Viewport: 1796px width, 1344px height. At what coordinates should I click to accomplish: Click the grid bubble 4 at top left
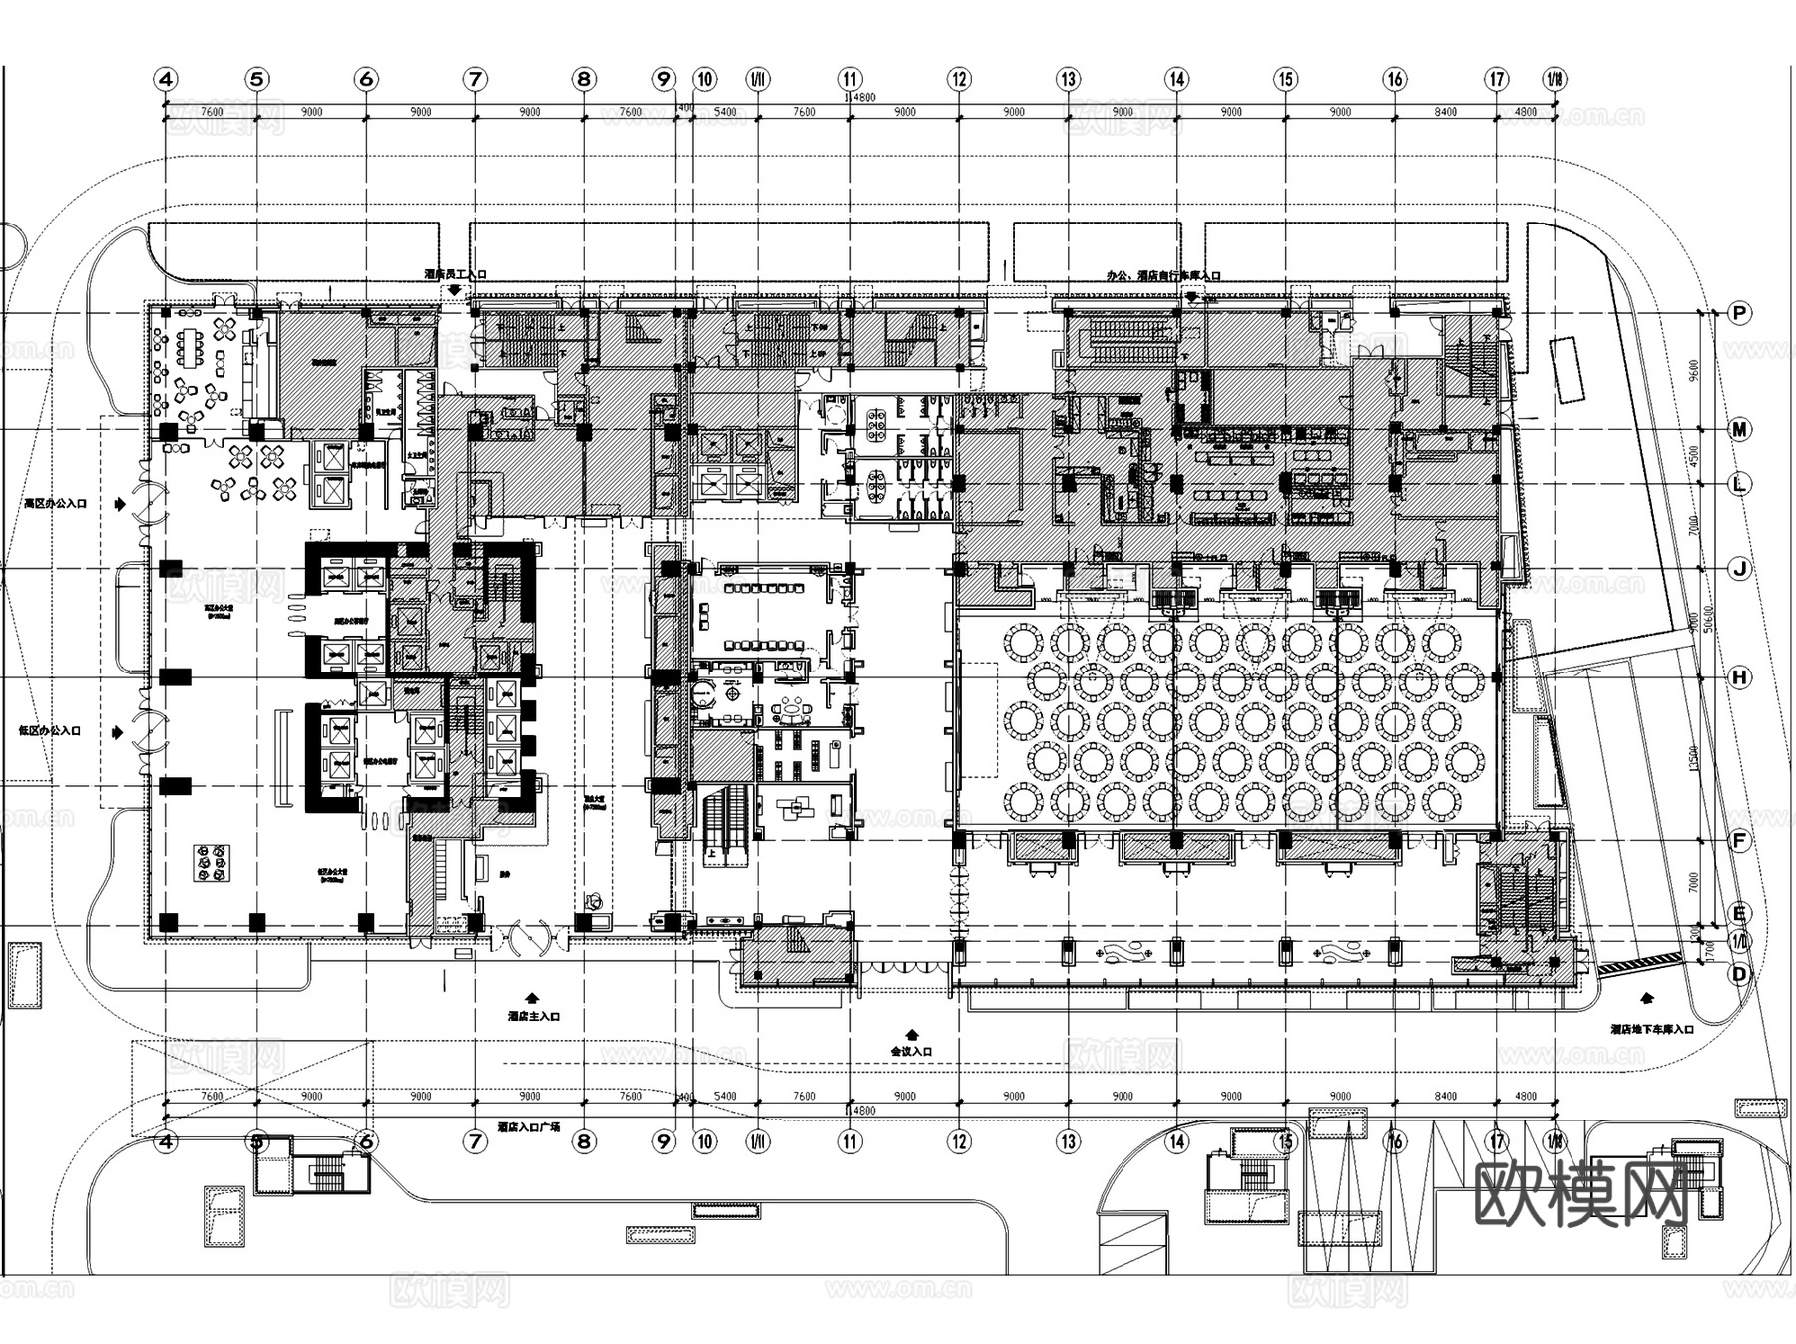[166, 79]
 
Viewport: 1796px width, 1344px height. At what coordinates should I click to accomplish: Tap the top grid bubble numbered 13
[1068, 79]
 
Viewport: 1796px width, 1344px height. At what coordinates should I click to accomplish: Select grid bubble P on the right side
[1739, 313]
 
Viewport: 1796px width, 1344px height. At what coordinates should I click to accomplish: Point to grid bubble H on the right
[1739, 677]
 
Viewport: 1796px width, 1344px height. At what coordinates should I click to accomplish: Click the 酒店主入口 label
[533, 1016]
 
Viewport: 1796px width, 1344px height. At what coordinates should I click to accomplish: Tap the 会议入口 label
[911, 1051]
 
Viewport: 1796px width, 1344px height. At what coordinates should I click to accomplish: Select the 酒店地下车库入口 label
[1651, 1029]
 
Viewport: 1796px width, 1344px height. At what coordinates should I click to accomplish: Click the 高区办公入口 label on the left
[56, 504]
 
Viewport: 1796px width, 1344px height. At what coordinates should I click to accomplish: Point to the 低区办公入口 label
[50, 730]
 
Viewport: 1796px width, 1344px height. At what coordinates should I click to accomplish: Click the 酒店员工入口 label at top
[455, 273]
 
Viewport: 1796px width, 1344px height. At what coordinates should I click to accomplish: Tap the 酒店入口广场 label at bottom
[528, 1126]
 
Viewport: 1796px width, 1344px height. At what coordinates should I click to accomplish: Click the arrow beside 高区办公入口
[121, 505]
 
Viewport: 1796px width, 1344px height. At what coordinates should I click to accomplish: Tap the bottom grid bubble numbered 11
[849, 1141]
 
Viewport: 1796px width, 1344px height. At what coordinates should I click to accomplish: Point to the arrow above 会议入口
[910, 1034]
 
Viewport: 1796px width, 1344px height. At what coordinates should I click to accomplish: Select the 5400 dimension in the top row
[725, 112]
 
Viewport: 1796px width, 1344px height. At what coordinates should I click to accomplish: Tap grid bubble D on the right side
[1739, 973]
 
